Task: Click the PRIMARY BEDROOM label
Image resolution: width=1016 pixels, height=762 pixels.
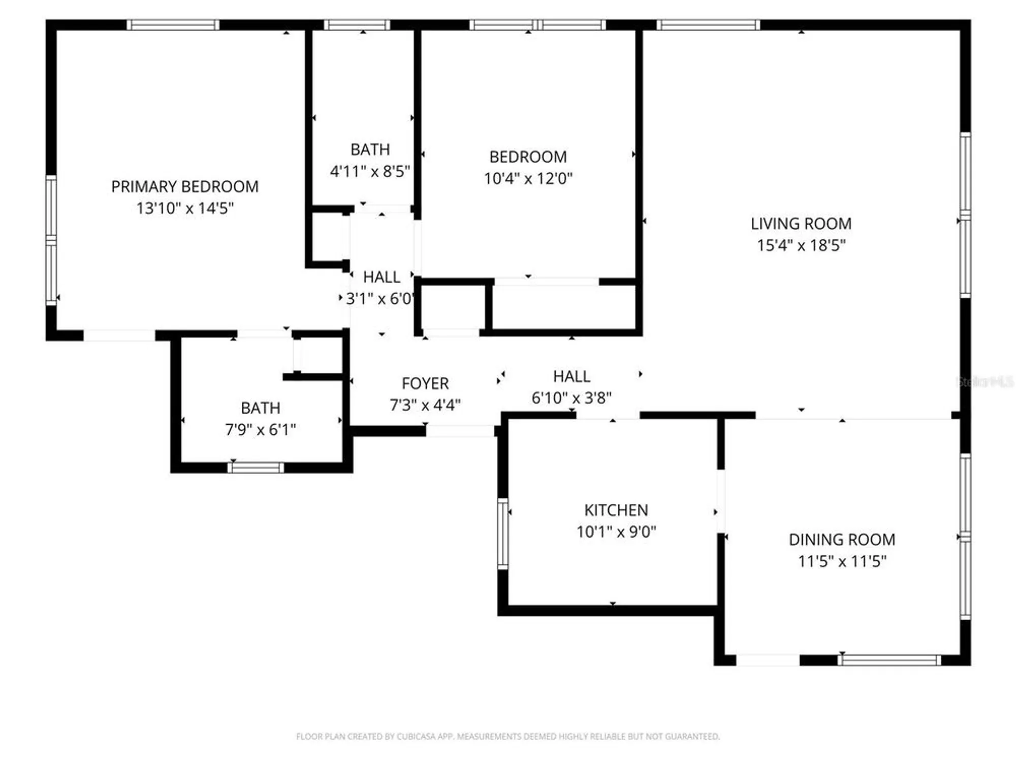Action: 185,186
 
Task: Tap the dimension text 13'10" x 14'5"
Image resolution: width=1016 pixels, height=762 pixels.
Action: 185,208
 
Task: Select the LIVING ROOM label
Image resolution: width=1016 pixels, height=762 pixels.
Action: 801,224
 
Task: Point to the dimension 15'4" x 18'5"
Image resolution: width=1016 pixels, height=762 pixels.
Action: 801,245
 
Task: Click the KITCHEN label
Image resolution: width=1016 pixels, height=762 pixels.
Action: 616,510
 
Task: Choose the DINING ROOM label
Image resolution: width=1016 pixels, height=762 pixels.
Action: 842,539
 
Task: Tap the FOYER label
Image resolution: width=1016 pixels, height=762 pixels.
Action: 425,384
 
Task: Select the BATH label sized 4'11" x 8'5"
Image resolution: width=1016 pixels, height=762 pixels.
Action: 370,150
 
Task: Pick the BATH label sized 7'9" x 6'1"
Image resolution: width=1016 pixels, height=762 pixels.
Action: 260,408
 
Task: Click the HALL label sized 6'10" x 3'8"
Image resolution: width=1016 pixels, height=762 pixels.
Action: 571,376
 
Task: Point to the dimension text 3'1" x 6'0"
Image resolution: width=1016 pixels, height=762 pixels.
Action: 379,299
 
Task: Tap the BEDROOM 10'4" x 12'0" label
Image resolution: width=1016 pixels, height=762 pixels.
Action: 528,157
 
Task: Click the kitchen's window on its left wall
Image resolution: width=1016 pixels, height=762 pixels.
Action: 502,533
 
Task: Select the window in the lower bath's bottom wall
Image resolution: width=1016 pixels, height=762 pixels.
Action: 256,468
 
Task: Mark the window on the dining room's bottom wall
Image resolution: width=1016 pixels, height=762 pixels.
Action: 889,660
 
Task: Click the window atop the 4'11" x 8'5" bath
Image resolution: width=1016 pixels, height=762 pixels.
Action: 357,25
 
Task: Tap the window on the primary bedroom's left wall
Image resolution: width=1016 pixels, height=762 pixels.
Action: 51,240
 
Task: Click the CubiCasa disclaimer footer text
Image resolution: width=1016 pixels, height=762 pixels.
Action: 508,736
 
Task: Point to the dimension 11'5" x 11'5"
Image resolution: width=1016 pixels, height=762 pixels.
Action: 842,561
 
